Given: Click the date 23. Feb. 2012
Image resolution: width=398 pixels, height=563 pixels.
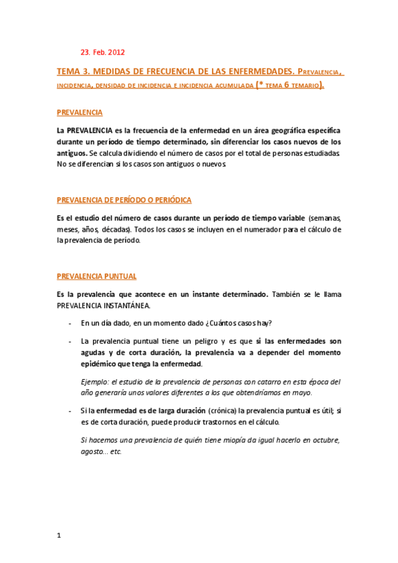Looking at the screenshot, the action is coord(102,52).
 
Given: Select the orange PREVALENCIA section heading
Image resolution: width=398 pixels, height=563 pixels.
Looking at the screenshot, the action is coord(80,113).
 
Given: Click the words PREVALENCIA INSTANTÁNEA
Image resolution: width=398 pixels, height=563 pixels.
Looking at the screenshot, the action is coord(104,306).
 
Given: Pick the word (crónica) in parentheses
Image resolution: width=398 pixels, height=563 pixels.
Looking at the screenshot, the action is coord(226,411).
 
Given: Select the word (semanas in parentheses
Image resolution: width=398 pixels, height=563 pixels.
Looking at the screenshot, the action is coord(325,218).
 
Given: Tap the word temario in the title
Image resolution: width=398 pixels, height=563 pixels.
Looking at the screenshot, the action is coord(302,85).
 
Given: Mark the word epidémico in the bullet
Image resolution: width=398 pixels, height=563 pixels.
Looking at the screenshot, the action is coord(100,364).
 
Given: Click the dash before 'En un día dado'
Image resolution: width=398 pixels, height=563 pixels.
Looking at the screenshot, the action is coord(70,323).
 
